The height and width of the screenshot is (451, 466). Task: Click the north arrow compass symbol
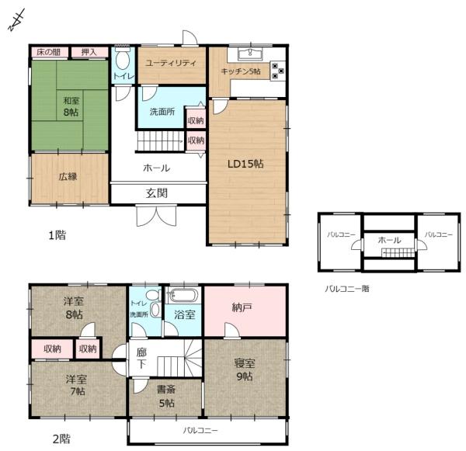point(16,20)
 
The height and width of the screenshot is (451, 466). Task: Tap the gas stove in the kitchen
point(277,71)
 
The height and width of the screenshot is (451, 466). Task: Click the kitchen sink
point(250,54)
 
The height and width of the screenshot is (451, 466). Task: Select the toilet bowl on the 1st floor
point(122,61)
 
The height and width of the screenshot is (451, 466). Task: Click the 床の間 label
point(48,53)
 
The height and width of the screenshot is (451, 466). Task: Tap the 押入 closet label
point(89,53)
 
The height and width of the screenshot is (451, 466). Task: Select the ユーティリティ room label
point(171,63)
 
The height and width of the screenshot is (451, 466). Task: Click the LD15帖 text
point(245,164)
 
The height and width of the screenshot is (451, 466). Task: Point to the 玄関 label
point(157,193)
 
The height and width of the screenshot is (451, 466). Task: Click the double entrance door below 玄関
point(156,216)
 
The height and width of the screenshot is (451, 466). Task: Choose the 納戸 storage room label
point(242,308)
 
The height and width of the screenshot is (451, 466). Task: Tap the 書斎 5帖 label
point(166,396)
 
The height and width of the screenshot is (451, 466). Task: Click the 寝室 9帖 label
point(245,370)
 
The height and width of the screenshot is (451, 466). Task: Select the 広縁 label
point(68,177)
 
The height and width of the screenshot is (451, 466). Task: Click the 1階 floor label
point(57,235)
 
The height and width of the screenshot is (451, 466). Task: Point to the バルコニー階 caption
point(347,289)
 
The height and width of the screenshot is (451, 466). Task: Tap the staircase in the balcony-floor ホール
point(398,253)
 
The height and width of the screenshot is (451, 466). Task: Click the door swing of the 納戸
point(231,330)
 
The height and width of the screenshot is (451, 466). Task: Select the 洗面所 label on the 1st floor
point(162,112)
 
